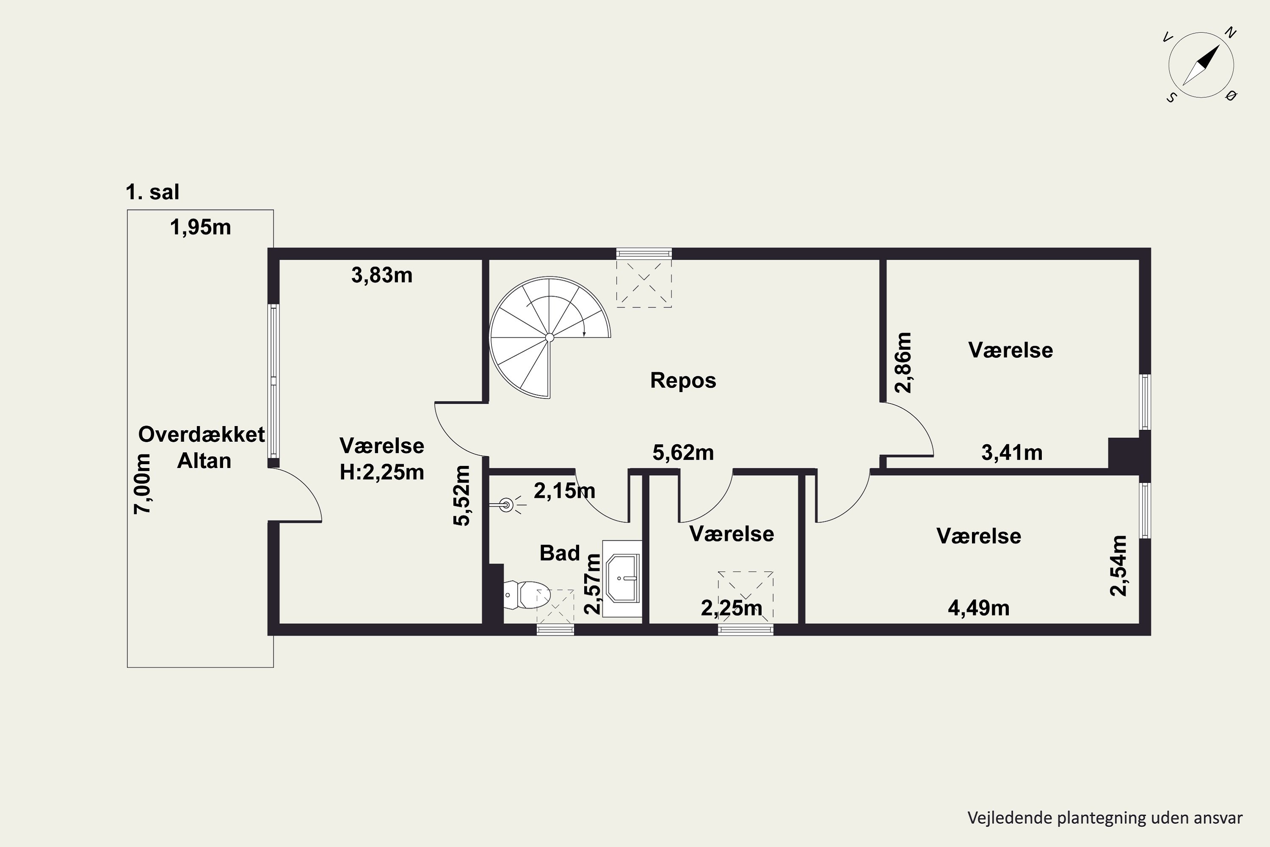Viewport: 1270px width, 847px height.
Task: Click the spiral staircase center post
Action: (549, 338)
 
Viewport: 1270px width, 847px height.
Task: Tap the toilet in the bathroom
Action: (527, 595)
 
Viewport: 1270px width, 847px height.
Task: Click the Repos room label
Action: (683, 380)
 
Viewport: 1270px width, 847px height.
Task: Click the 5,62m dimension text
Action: (683, 453)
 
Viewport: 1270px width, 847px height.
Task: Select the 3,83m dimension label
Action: (382, 276)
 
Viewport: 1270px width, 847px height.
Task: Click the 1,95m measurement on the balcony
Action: (200, 227)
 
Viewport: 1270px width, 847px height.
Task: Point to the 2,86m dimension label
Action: (903, 363)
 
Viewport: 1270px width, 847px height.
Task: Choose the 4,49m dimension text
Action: (978, 608)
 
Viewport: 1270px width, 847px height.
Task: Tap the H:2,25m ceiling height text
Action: (382, 472)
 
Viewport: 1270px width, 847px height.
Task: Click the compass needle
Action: (1201, 65)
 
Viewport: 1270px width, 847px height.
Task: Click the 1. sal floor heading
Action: (152, 192)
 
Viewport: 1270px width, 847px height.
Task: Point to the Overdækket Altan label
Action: (202, 447)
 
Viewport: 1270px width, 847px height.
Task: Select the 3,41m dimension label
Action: (1012, 453)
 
